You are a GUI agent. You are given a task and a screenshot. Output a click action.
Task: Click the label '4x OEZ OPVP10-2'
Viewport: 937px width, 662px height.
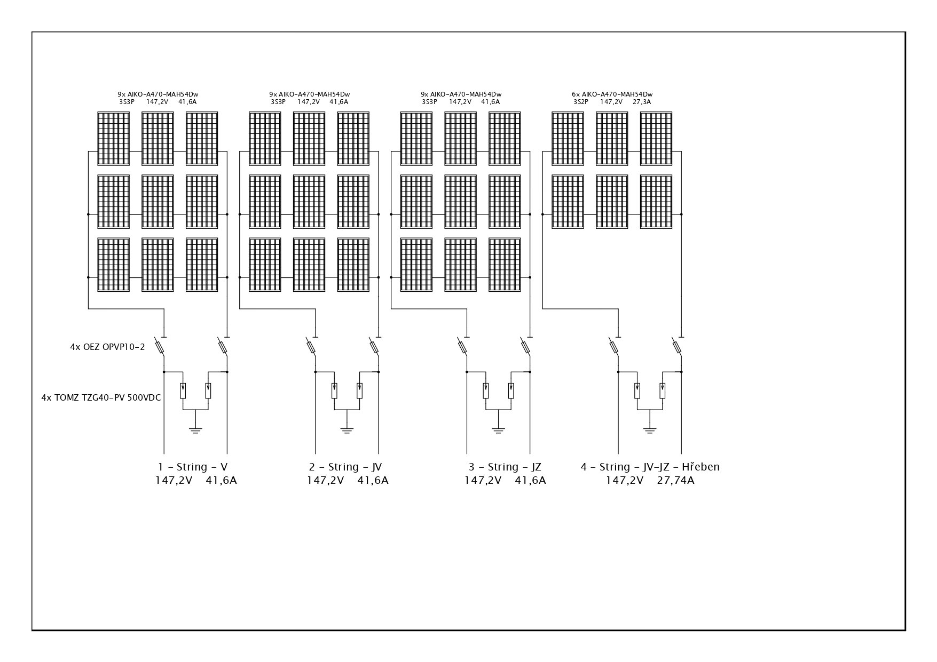(107, 347)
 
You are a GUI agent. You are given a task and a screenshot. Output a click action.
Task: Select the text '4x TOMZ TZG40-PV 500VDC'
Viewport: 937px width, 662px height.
(101, 397)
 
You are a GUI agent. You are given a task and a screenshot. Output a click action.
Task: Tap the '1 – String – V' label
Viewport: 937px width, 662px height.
(193, 467)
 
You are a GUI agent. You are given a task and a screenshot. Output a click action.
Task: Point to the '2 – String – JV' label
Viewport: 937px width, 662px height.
(345, 467)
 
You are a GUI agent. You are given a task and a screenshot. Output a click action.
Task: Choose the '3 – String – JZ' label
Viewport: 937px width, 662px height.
(505, 467)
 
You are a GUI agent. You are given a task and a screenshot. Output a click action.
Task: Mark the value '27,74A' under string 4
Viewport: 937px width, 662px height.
(675, 480)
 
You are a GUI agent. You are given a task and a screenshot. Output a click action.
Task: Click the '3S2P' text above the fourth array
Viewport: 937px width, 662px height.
(581, 102)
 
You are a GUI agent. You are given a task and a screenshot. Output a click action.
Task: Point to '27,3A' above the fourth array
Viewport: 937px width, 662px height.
(642, 102)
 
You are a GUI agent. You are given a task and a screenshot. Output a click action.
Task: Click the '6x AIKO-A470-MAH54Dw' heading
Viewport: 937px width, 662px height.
(612, 94)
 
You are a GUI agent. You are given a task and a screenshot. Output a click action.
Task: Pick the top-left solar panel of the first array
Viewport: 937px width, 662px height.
(113, 138)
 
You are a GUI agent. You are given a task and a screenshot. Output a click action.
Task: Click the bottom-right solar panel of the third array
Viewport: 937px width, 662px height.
(505, 265)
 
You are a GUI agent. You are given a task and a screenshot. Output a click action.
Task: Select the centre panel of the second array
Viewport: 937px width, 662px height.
(309, 202)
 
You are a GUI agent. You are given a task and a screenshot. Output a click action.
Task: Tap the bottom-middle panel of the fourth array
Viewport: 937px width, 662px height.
(612, 202)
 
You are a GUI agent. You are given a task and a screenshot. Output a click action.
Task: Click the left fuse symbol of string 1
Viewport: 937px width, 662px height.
(160, 347)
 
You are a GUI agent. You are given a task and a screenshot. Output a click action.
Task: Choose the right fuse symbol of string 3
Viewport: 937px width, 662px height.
(526, 347)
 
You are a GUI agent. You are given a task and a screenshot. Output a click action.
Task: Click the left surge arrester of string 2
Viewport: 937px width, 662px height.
(334, 390)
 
